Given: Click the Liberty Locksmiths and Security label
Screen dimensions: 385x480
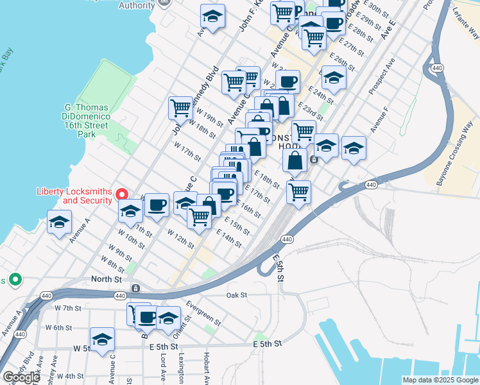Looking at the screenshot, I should (x=74, y=196).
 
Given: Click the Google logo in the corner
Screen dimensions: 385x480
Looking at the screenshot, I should (x=21, y=377).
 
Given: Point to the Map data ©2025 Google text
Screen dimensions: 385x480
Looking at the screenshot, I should (x=440, y=380).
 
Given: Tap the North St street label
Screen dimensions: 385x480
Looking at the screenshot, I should (x=107, y=279).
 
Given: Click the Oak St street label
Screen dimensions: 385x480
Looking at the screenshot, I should (x=237, y=295).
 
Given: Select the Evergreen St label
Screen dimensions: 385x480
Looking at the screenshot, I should (x=202, y=312).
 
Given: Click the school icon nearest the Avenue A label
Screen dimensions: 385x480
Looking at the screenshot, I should (x=60, y=223).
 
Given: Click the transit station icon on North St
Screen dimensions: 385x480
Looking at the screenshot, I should (x=135, y=289).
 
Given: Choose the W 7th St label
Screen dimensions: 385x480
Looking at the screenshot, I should (x=68, y=308).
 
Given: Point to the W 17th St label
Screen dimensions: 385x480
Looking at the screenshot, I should (x=187, y=152).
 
